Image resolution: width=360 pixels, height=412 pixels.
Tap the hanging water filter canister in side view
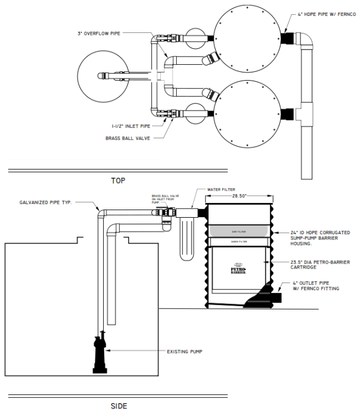tap(189, 240)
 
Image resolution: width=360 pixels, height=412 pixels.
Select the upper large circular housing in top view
tap(247, 36)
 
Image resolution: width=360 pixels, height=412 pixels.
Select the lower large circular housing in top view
tap(247, 114)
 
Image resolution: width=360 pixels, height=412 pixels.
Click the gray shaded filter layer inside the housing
tap(239, 232)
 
